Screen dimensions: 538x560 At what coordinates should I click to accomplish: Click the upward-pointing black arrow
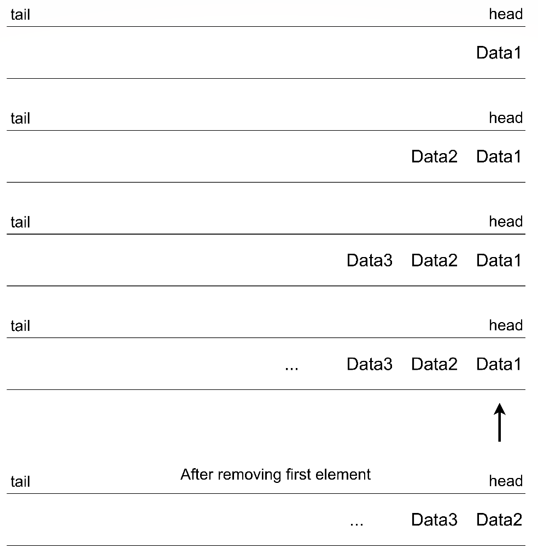pyautogui.click(x=499, y=422)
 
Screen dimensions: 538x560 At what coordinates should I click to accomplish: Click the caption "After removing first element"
pyautogui.click(x=276, y=474)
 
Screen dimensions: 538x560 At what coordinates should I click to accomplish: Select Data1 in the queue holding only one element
pyautogui.click(x=499, y=53)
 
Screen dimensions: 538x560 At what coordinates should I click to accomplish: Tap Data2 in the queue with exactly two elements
pyautogui.click(x=434, y=157)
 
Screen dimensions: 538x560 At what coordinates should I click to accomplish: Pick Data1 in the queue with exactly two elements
pyautogui.click(x=499, y=157)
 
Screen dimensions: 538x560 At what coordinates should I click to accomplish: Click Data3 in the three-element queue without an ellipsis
pyautogui.click(x=370, y=260)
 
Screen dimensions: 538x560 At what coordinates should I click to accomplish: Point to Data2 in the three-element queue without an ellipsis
pyautogui.click(x=434, y=260)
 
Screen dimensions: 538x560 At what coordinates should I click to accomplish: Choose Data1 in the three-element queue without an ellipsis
pyautogui.click(x=499, y=260)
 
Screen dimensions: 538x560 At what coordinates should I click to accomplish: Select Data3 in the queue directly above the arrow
pyautogui.click(x=370, y=364)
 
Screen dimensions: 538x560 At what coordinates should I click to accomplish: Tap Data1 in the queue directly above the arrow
pyautogui.click(x=499, y=364)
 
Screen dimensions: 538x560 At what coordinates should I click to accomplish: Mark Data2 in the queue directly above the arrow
pyautogui.click(x=434, y=364)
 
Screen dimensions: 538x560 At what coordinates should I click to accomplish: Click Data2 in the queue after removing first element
pyautogui.click(x=499, y=520)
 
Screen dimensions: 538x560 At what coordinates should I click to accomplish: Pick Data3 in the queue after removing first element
pyautogui.click(x=434, y=520)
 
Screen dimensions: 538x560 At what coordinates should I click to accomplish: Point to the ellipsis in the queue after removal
pyautogui.click(x=356, y=523)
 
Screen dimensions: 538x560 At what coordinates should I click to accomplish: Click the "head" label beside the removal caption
pyautogui.click(x=506, y=481)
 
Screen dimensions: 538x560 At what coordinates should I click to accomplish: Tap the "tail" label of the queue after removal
pyautogui.click(x=20, y=482)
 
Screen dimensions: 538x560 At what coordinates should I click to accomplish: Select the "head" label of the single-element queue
pyautogui.click(x=506, y=14)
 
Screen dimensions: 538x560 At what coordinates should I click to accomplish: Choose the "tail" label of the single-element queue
pyautogui.click(x=20, y=15)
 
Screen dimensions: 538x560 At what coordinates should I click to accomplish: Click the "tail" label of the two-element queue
pyautogui.click(x=20, y=119)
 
